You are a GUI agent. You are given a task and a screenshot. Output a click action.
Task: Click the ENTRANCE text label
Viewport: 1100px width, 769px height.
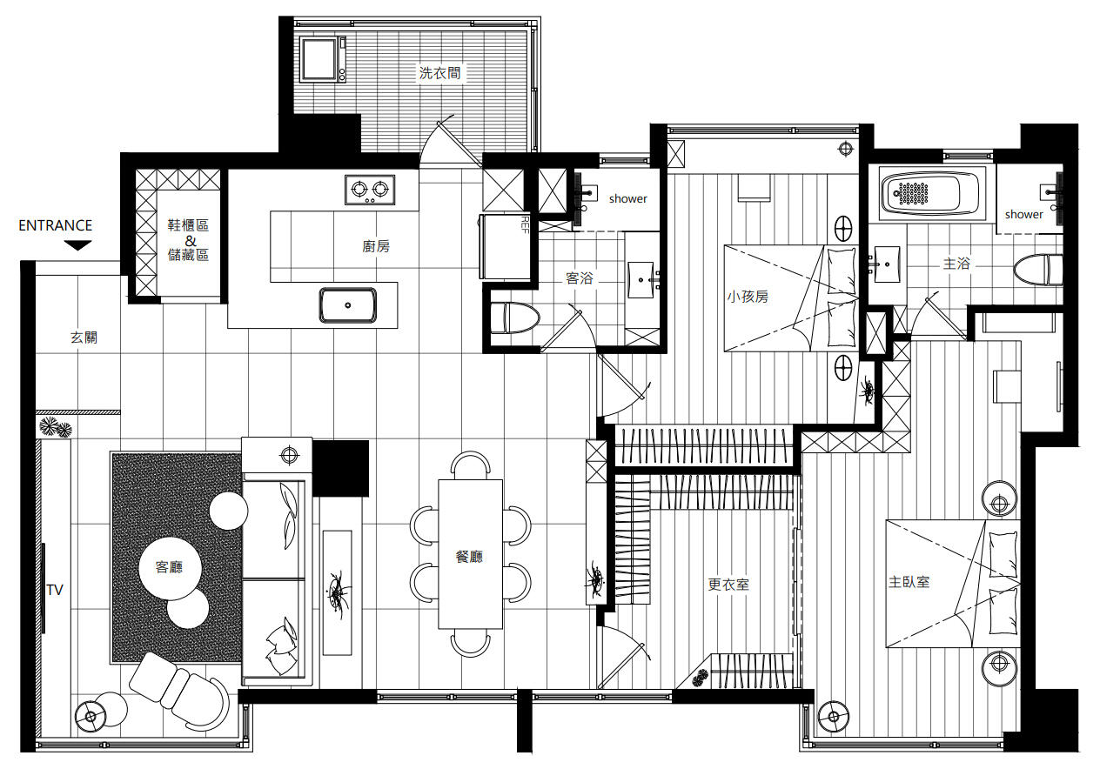[55, 225]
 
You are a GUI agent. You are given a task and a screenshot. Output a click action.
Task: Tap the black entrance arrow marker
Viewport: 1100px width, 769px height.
[77, 245]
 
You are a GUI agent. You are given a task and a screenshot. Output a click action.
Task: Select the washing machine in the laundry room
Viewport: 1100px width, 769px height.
[323, 59]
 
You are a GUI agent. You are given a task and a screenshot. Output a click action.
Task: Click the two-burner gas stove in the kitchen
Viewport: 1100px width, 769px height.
[370, 190]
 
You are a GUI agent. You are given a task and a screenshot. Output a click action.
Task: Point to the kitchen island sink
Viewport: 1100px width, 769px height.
[348, 305]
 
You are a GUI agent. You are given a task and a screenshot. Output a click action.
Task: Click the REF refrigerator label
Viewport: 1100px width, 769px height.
[525, 224]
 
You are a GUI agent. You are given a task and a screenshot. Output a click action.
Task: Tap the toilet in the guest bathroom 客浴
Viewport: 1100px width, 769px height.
[514, 318]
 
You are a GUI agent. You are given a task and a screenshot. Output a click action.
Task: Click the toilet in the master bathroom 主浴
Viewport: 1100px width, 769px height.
[1038, 269]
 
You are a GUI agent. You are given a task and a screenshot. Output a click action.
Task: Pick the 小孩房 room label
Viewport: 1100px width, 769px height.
[748, 297]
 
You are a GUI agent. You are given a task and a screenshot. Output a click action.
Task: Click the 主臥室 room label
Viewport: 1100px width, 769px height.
[909, 582]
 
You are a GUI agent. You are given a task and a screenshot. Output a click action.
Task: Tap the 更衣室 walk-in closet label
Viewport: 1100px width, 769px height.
[728, 584]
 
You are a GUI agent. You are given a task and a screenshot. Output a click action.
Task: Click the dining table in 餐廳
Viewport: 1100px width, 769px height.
[470, 554]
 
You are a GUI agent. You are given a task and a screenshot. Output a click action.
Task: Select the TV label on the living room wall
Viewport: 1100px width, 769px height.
[55, 590]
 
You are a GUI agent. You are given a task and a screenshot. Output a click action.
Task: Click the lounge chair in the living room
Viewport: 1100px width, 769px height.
[179, 690]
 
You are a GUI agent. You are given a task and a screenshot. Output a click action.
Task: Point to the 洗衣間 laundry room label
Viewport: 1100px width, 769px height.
[439, 73]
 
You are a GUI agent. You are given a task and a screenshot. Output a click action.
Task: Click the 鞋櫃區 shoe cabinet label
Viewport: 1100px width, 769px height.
[188, 225]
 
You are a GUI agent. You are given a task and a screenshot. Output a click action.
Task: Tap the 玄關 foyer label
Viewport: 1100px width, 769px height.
[84, 338]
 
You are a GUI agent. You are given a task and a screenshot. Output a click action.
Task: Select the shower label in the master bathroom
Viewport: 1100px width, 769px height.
[1023, 215]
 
